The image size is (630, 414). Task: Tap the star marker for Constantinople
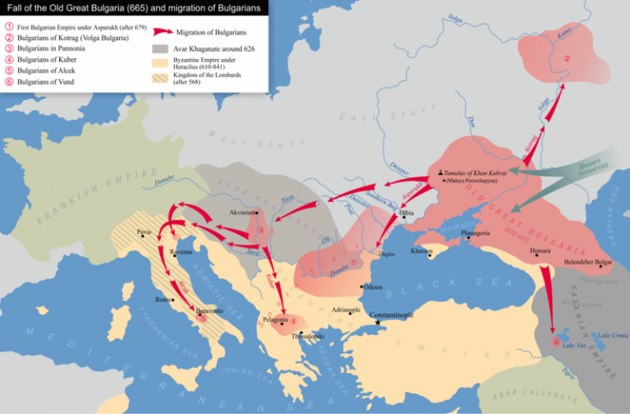377,323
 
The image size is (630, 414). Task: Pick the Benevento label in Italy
210,312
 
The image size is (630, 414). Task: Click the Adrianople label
347,309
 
